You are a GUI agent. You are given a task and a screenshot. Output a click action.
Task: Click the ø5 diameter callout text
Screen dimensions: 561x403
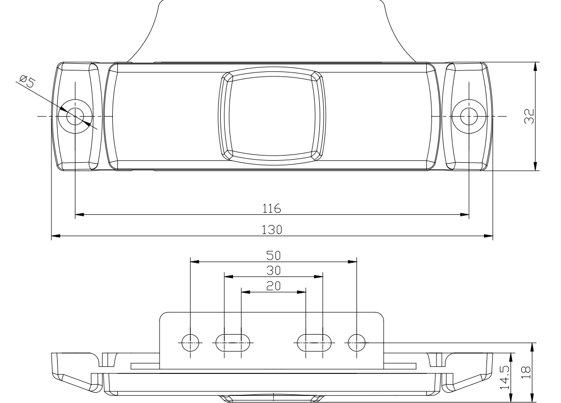click(x=27, y=81)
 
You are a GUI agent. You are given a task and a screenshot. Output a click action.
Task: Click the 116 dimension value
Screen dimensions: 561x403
click(x=272, y=208)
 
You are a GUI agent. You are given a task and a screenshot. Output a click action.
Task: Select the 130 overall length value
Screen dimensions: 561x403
click(x=272, y=230)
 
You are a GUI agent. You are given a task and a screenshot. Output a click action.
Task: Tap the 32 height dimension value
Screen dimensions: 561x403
click(x=529, y=116)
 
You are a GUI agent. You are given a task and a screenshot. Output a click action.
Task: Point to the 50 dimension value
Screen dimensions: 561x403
click(x=274, y=256)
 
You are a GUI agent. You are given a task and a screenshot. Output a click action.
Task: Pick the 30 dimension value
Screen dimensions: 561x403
click(x=274, y=270)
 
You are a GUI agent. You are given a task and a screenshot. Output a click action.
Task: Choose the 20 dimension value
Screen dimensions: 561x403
click(x=274, y=286)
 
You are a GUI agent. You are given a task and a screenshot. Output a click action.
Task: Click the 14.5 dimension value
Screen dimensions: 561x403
click(x=505, y=377)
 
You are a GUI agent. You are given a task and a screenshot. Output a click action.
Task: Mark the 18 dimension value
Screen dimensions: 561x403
click(x=526, y=373)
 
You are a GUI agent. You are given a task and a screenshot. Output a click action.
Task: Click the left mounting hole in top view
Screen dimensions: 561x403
click(x=75, y=116)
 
